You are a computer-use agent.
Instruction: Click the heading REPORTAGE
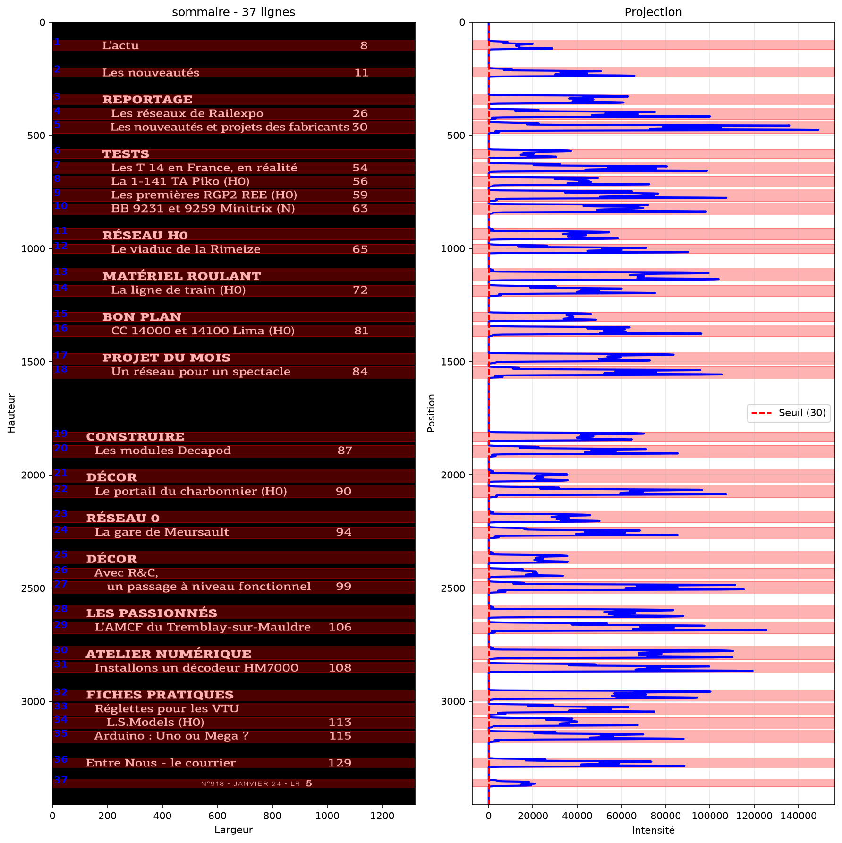point(147,100)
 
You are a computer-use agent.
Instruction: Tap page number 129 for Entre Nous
point(340,763)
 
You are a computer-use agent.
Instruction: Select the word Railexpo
point(236,113)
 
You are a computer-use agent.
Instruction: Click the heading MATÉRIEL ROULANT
point(182,276)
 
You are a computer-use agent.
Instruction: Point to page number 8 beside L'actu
point(364,45)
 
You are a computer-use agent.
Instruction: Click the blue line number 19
point(61,434)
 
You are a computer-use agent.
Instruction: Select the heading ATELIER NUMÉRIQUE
point(169,654)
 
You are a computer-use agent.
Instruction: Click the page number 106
point(340,627)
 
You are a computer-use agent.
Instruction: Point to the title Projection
point(653,12)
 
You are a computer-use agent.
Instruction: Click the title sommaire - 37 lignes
point(233,12)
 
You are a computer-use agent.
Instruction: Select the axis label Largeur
point(233,830)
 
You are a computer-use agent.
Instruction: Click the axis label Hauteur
point(11,413)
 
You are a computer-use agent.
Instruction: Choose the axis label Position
point(431,413)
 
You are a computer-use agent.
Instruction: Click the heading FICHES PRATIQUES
point(160,695)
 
